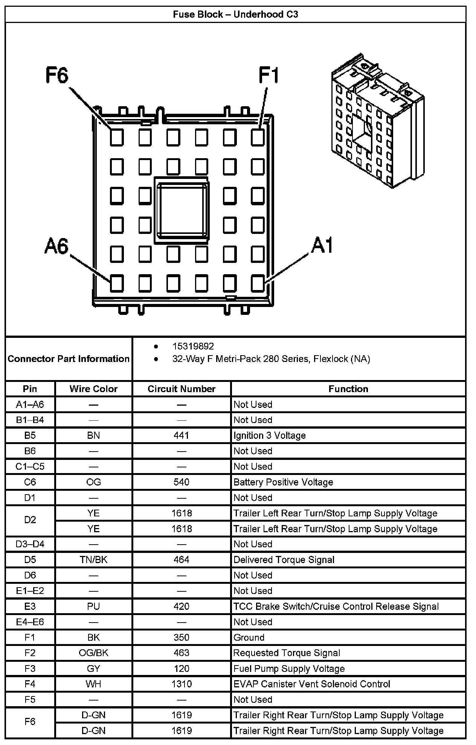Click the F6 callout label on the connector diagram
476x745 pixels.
point(57,75)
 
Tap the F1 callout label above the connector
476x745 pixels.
point(269,75)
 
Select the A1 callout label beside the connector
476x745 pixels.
point(322,246)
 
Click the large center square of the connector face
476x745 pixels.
point(182,211)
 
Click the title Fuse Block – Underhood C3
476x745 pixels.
point(235,14)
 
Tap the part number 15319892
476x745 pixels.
point(193,346)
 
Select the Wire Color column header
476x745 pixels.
point(93,389)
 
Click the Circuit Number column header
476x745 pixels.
point(182,389)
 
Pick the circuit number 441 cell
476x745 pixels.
point(182,435)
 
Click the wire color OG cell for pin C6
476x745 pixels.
point(93,482)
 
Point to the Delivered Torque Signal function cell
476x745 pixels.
point(284,560)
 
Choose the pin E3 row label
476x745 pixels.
point(30,606)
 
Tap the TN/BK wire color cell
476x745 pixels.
point(93,560)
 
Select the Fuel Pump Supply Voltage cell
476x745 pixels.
point(289,669)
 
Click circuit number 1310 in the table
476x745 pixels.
point(182,684)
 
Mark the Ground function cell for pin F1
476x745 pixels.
point(249,637)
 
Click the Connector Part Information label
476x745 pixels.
point(69,359)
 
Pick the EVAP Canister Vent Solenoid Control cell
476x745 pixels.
point(312,684)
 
